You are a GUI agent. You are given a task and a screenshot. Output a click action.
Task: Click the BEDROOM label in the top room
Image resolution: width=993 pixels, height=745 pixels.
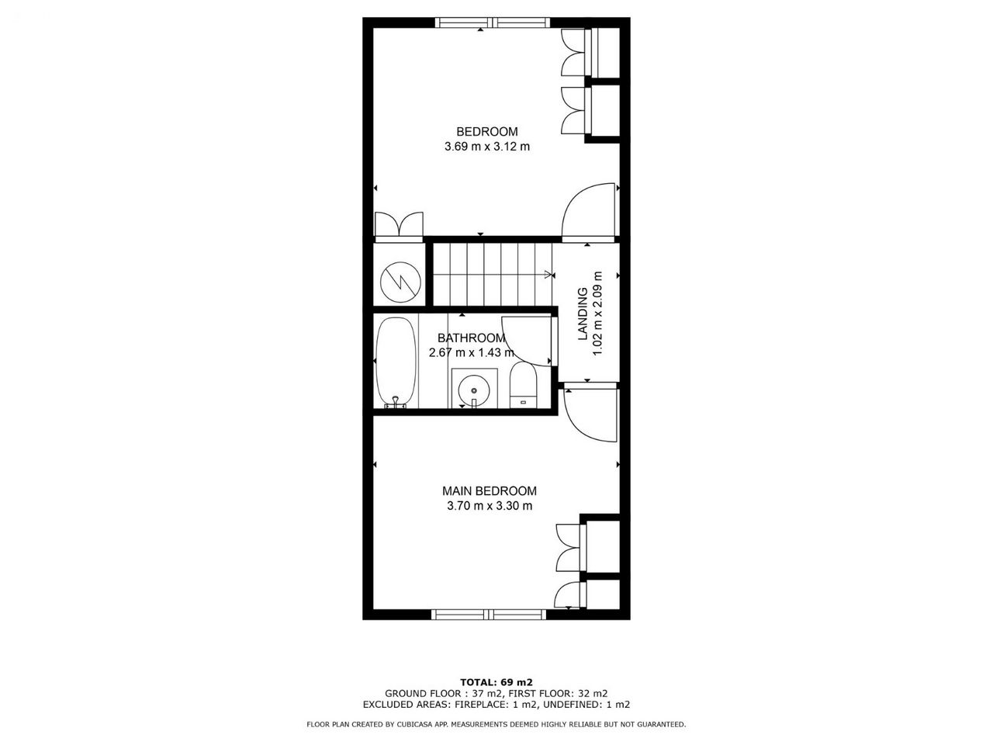(x=486, y=132)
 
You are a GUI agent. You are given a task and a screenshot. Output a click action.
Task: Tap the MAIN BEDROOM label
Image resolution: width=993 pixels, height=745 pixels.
(x=490, y=490)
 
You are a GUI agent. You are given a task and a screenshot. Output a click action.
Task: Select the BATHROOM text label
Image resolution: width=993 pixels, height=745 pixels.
(x=471, y=338)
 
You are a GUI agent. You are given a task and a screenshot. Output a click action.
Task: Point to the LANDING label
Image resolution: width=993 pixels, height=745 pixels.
(x=583, y=314)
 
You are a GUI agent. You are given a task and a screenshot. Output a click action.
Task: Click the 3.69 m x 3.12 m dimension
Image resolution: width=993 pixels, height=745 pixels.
(x=487, y=147)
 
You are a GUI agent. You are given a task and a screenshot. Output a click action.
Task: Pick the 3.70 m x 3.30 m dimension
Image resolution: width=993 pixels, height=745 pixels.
(x=490, y=506)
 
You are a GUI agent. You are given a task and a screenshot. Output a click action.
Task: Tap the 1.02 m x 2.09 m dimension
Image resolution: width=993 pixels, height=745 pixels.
(x=597, y=314)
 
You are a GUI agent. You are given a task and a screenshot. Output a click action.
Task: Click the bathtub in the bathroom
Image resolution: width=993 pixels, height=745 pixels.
(x=396, y=362)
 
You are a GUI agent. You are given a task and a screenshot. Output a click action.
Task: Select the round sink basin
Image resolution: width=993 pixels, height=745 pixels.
(x=474, y=390)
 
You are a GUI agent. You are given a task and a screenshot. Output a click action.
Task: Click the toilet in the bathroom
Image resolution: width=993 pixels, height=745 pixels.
(x=523, y=385)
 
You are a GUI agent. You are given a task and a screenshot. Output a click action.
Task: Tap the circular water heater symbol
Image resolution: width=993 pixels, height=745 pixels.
(x=401, y=282)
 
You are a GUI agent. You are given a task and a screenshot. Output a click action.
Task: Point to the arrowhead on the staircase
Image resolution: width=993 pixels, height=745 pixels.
(x=549, y=275)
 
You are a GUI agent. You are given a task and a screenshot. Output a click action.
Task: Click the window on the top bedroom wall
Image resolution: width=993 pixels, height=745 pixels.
(x=493, y=23)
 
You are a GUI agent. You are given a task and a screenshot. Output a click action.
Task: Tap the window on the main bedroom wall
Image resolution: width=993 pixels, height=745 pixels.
(x=489, y=615)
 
